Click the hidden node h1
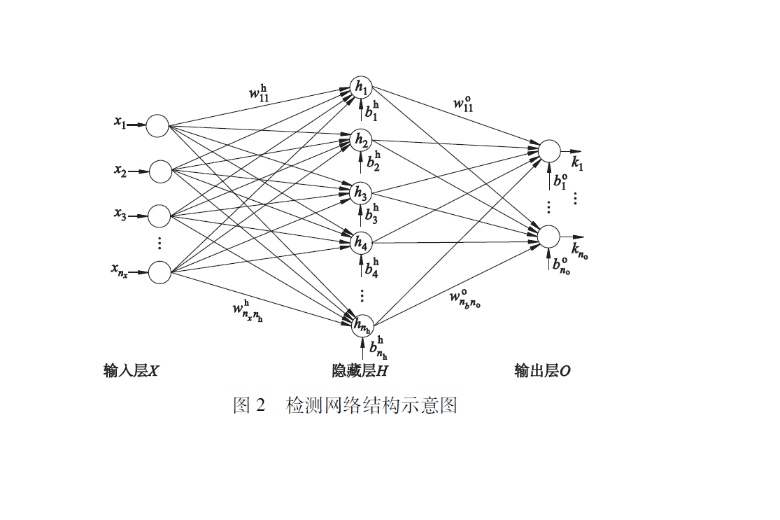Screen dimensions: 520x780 click(x=361, y=87)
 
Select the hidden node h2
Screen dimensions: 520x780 click(x=361, y=139)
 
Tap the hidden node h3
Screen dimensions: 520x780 click(x=361, y=191)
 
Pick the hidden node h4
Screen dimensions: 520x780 click(x=361, y=243)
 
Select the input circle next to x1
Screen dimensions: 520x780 click(x=158, y=126)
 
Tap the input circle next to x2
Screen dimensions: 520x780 click(x=160, y=171)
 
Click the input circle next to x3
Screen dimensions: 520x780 click(x=159, y=216)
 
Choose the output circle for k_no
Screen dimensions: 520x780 click(x=549, y=237)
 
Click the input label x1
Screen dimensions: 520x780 click(x=120, y=123)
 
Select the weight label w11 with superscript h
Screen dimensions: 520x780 click(x=258, y=92)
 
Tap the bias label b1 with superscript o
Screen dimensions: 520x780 click(x=560, y=180)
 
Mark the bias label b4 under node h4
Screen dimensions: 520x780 click(x=372, y=269)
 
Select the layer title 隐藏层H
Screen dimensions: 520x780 click(x=360, y=371)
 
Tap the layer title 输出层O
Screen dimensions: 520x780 click(x=542, y=371)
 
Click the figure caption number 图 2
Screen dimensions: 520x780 click(x=249, y=405)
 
